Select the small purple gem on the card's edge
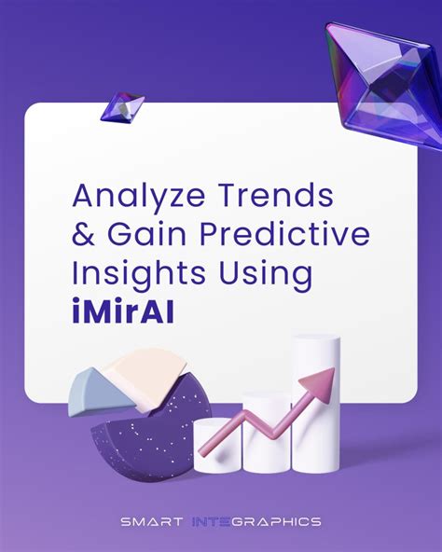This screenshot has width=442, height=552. coord(121,105)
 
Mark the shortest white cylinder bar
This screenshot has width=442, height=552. coord(220,446)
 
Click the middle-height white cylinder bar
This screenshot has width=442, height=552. coord(268,429)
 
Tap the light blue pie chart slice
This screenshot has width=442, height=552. coord(90,392)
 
